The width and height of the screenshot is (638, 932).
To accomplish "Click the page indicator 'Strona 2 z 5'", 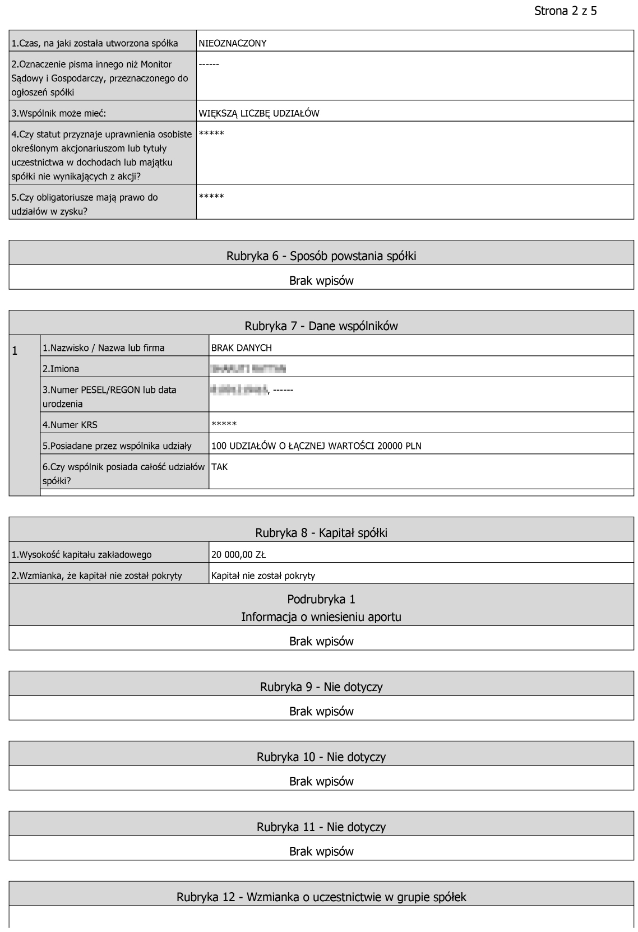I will click(565, 11).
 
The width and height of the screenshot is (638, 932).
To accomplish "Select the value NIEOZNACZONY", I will click(233, 43).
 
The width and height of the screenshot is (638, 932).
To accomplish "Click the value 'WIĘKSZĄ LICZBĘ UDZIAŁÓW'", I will click(259, 113).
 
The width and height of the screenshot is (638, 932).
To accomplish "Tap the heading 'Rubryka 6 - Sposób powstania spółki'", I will click(321, 256).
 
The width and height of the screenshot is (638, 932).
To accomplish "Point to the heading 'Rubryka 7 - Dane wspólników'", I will click(321, 326).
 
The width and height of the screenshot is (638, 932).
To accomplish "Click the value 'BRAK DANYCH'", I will click(242, 347).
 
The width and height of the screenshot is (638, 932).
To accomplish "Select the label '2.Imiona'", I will click(61, 369).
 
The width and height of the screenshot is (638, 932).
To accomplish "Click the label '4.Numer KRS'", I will click(70, 425).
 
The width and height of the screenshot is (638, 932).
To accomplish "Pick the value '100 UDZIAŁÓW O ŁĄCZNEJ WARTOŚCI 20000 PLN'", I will click(316, 446).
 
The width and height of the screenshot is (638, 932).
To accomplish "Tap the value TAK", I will click(220, 467).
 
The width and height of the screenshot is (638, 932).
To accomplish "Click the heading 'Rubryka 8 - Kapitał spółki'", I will click(321, 533).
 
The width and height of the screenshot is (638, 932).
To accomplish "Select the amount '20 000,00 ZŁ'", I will click(238, 555).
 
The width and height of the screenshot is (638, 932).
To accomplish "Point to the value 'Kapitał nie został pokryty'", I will click(263, 576).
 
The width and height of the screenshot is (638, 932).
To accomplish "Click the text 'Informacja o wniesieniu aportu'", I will click(321, 617).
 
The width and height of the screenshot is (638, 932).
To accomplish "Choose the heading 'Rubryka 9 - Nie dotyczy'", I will click(321, 687).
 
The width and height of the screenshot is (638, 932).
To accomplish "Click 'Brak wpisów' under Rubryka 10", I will click(321, 781).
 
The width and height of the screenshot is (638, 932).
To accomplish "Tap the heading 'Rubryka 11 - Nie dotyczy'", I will click(321, 827).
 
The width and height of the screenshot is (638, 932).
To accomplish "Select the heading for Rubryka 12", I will click(321, 897).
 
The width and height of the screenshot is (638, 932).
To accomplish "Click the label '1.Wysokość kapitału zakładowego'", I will click(82, 555).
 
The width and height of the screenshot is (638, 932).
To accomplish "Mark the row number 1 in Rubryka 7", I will click(15, 351).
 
